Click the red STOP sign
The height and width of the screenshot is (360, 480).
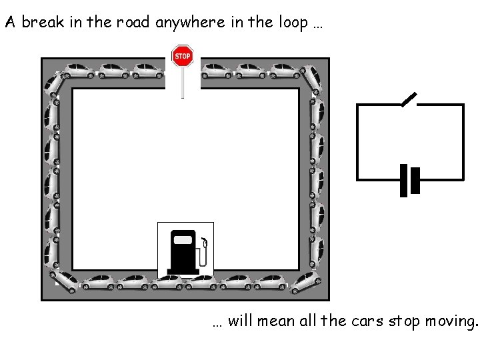pos(182,56)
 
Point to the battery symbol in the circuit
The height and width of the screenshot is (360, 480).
pos(409,180)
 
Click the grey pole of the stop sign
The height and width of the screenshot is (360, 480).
pos(182,83)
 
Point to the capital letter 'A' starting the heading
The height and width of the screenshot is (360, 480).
pos(10,22)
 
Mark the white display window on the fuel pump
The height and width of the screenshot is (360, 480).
pos(182,240)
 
